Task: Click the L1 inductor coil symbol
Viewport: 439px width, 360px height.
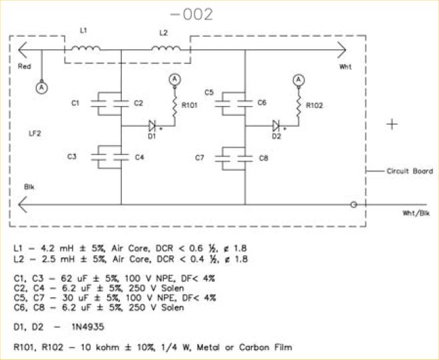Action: (x=86, y=49)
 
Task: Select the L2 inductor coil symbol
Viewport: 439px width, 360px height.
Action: (x=166, y=49)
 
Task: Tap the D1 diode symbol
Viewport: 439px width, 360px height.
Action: (x=152, y=126)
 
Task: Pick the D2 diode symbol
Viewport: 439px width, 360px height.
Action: (x=276, y=126)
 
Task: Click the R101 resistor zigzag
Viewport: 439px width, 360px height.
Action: (x=175, y=106)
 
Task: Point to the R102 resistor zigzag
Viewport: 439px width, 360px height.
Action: (x=298, y=106)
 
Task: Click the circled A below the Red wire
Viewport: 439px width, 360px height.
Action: (x=42, y=88)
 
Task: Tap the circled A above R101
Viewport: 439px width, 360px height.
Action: (x=175, y=80)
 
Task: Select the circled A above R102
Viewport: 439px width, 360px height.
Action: (x=298, y=80)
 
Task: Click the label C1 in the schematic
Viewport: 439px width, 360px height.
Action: (x=75, y=103)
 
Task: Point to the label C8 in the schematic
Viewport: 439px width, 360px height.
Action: (x=263, y=158)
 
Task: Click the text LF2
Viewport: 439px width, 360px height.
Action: (x=35, y=133)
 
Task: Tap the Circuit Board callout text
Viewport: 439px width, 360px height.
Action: (x=410, y=171)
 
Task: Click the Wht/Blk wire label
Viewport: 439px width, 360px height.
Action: (x=416, y=213)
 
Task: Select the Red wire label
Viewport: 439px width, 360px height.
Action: (x=25, y=67)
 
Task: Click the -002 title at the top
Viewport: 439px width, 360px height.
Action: (x=192, y=15)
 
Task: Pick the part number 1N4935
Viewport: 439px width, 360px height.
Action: (x=88, y=327)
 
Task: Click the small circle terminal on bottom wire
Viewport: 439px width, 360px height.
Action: (x=354, y=205)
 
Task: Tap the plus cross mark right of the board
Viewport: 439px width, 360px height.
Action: (x=392, y=124)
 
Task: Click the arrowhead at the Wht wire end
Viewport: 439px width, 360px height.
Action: (x=342, y=50)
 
